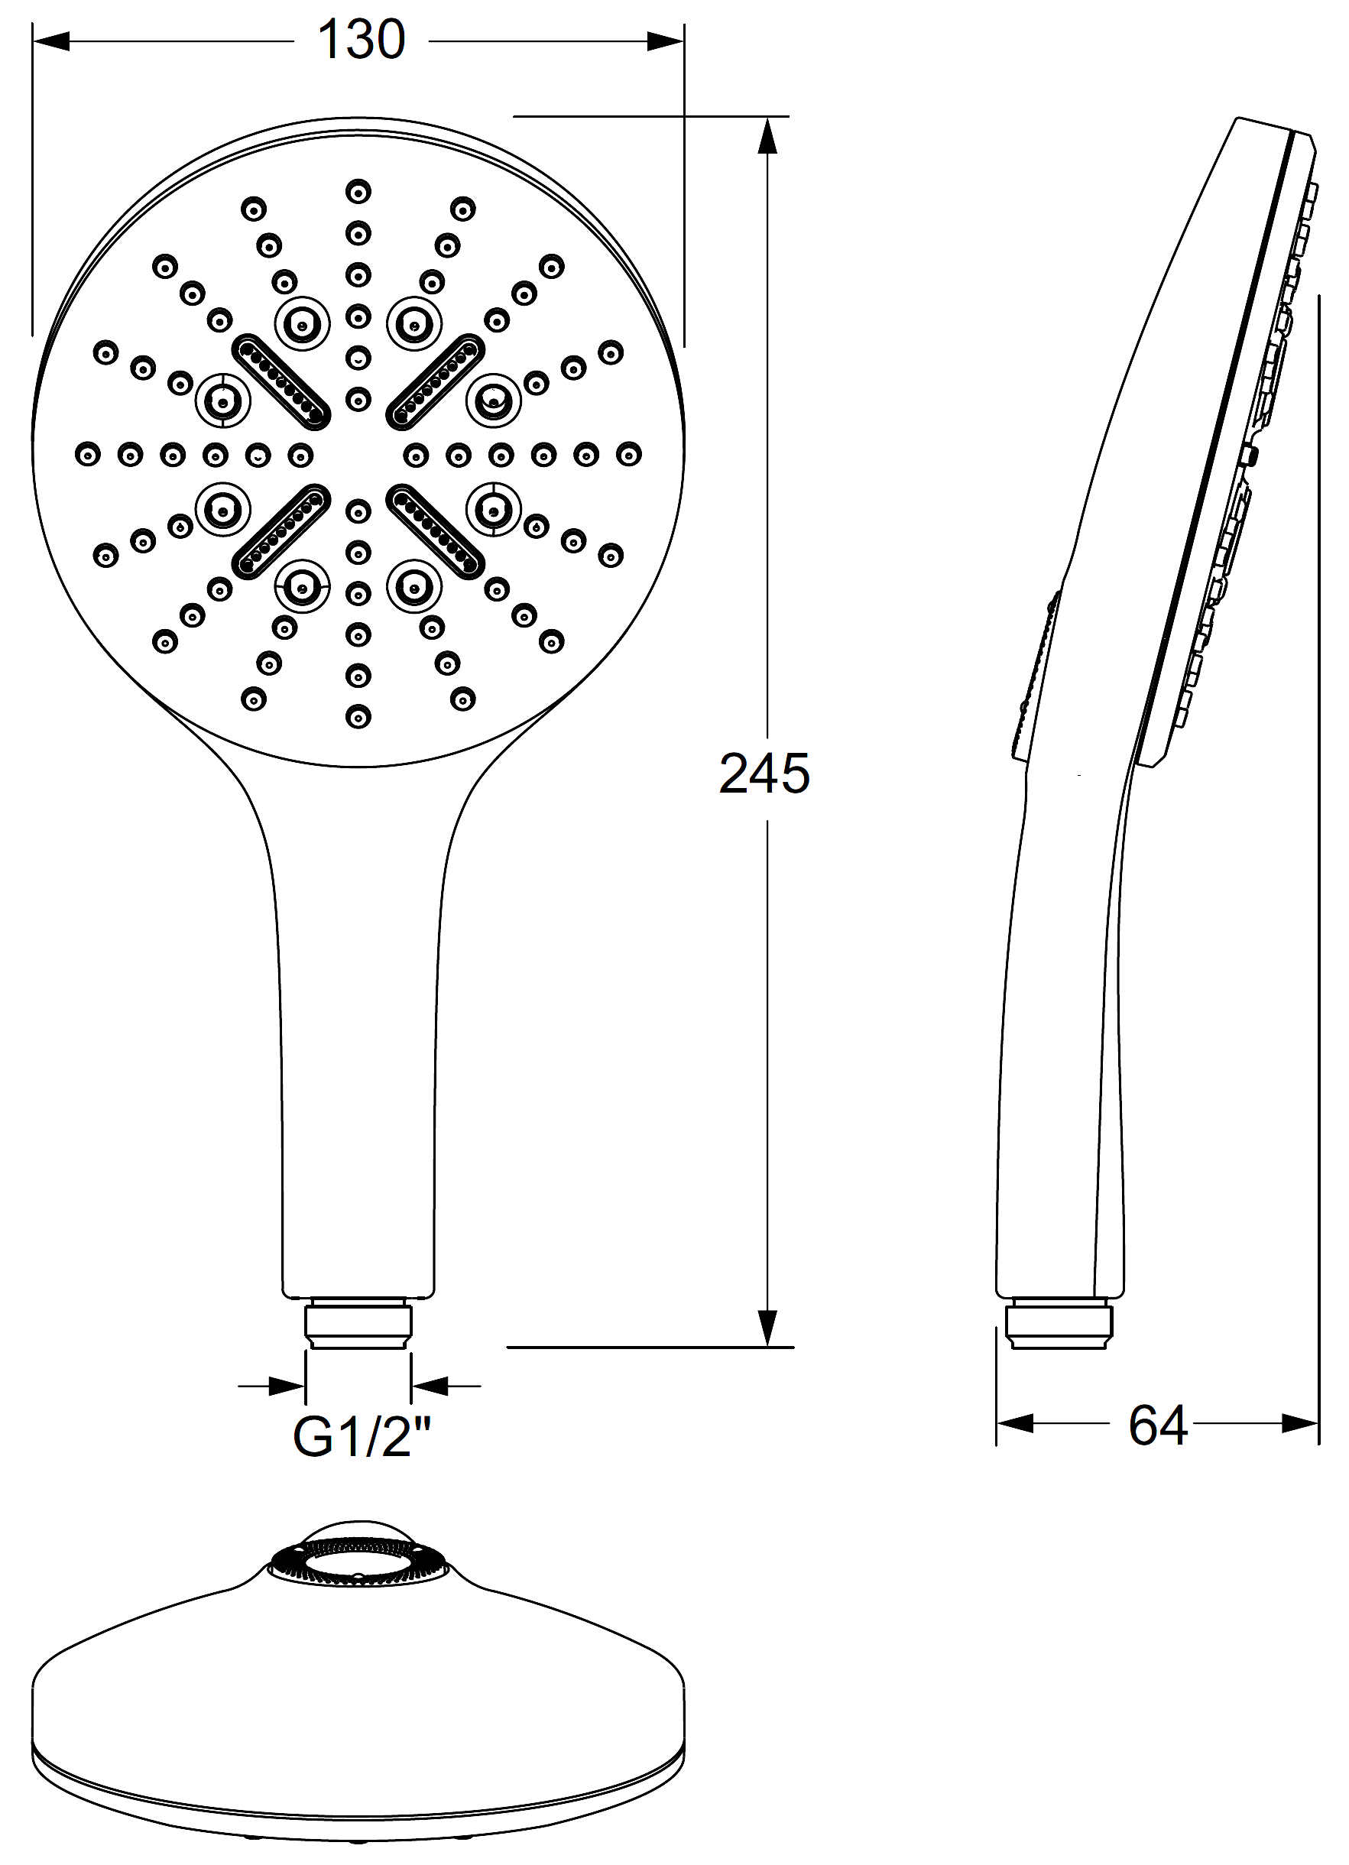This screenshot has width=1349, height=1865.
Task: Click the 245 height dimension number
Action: (764, 774)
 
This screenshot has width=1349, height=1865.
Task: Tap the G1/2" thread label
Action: (362, 1438)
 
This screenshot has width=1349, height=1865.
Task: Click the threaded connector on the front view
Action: (358, 1322)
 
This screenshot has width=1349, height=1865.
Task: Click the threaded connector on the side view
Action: (1059, 1322)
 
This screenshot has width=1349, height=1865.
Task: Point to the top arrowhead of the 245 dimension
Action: (767, 136)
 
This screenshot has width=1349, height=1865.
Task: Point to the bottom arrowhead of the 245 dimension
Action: (767, 1327)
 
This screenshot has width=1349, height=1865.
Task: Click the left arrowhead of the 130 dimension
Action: (51, 41)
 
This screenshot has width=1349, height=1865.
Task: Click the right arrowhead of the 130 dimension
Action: (665, 41)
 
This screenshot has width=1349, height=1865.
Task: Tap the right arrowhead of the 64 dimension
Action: (1301, 1423)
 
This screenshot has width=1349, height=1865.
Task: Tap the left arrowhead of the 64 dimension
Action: (1015, 1423)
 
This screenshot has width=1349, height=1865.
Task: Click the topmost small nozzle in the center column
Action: (358, 192)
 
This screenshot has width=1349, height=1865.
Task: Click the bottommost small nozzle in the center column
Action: (358, 717)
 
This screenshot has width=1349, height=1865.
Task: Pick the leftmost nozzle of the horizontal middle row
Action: (88, 454)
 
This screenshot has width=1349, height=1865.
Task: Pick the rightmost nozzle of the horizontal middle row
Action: (629, 454)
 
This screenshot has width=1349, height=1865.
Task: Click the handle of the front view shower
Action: (358, 1069)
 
